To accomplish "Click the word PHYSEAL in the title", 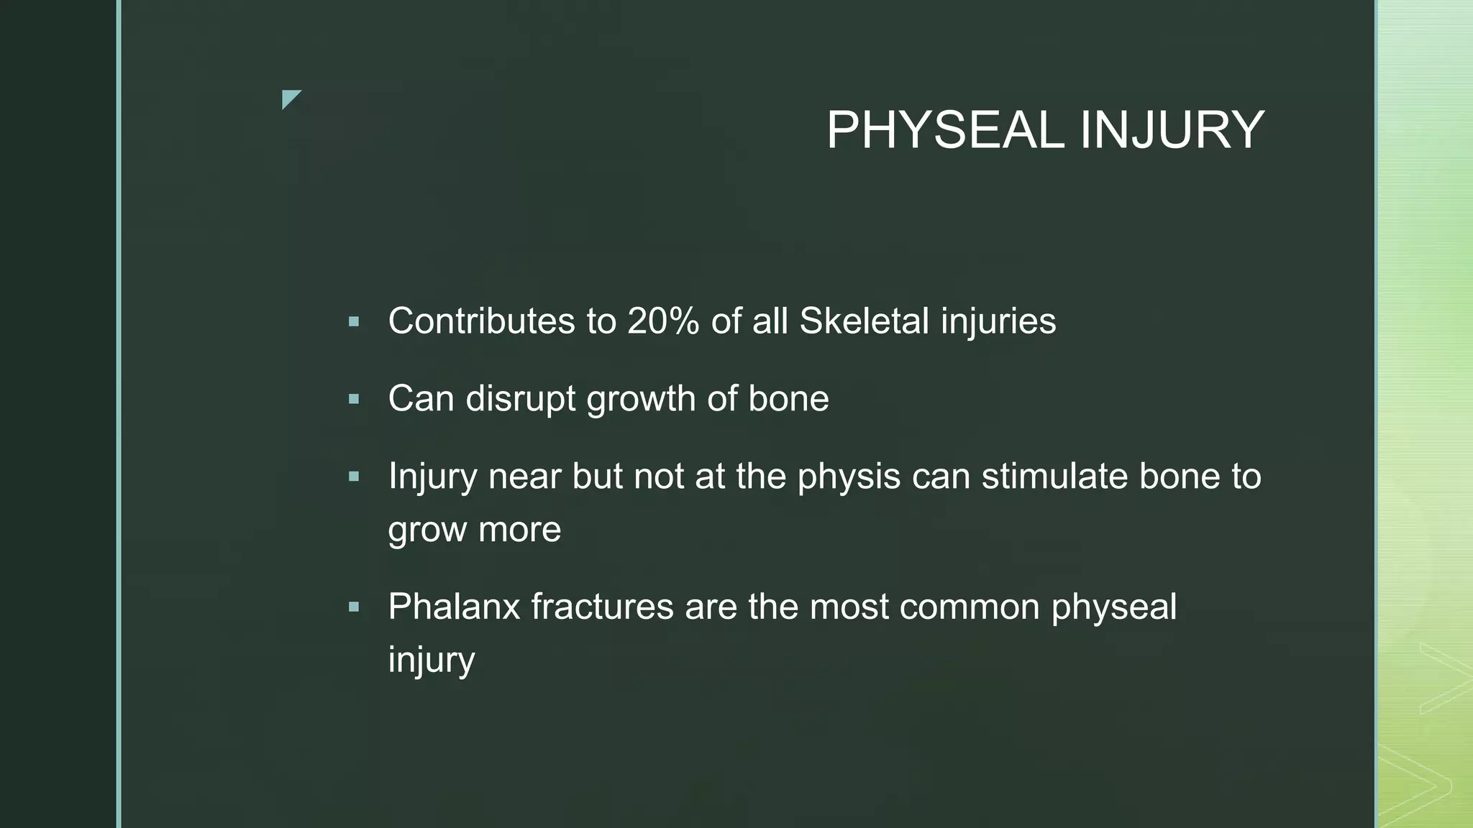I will [944, 131].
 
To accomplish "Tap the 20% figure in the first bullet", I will [663, 321].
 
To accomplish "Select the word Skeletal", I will [864, 321].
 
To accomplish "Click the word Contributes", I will [481, 321].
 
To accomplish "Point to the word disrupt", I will [520, 399].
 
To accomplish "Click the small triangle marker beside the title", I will [290, 98].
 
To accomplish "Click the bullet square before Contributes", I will [353, 322].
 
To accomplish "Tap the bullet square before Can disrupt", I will [353, 400].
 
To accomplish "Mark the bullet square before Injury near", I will [353, 477].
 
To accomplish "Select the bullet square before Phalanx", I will [353, 607].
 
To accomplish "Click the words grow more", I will [474, 530].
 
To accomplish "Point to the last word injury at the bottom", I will [432, 660].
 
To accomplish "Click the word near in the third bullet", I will [524, 477].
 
